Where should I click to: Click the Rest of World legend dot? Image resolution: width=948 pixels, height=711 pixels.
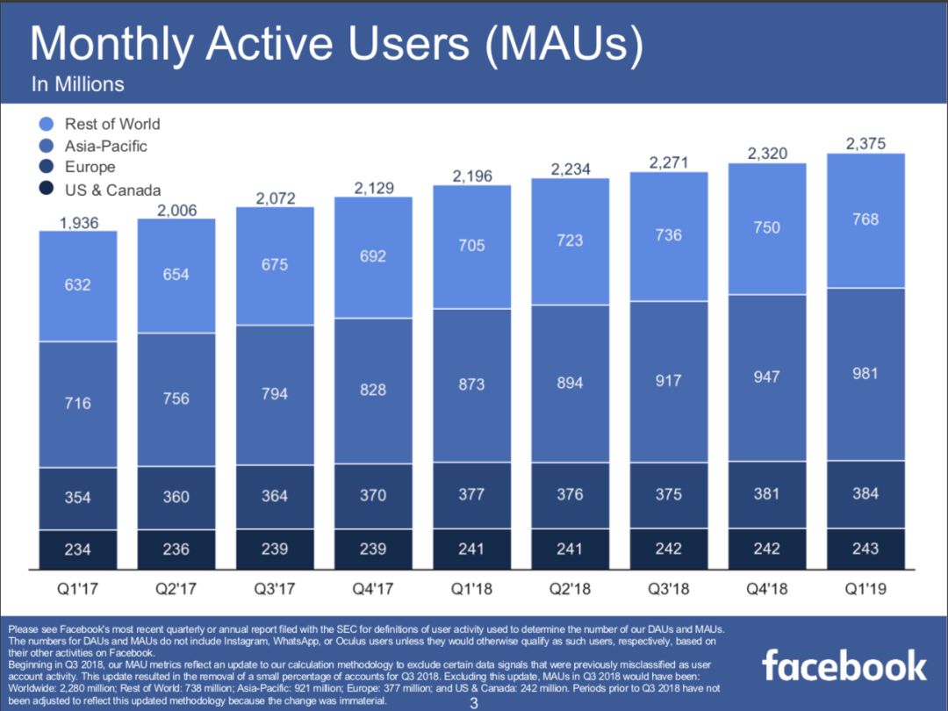click(47, 124)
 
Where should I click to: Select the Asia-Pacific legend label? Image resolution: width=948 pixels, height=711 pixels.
click(105, 146)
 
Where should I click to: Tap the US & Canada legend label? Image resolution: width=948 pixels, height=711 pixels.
click(112, 190)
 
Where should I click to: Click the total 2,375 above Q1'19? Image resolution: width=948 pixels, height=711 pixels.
click(865, 145)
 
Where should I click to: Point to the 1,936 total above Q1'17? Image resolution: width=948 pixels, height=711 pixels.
click(78, 223)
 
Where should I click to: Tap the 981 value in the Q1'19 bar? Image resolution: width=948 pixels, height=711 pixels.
click(865, 373)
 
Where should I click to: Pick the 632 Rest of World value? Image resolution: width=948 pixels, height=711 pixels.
click(78, 284)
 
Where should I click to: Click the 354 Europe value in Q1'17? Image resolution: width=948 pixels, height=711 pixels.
click(78, 497)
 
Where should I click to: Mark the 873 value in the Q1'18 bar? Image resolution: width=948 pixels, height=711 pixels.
click(471, 384)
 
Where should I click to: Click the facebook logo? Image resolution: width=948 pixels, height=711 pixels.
click(844, 665)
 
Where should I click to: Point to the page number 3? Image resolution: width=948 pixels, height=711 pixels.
click(474, 703)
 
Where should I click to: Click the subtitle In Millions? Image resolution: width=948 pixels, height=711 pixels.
click(77, 84)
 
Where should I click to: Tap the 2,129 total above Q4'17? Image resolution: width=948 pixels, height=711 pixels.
click(373, 188)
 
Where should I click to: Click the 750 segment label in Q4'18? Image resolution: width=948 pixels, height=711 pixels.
click(766, 227)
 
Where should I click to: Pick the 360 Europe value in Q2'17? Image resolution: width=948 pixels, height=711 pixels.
click(176, 497)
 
